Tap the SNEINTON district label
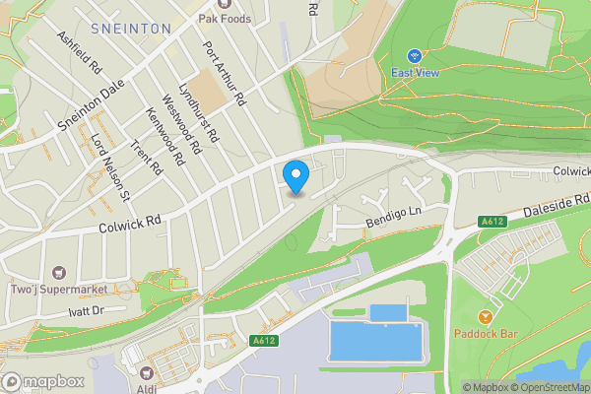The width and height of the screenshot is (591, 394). pos(130,29)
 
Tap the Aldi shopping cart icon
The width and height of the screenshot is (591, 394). pos(147,372)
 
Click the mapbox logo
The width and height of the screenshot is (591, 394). pos(42,381)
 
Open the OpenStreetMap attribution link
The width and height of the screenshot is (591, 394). pos(550,387)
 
